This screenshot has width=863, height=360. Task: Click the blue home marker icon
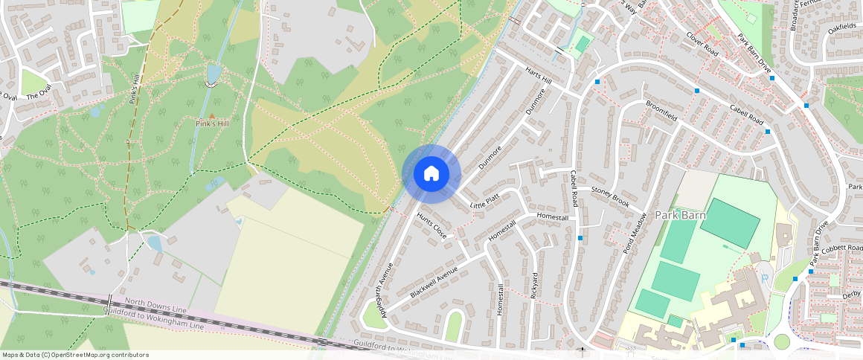point(431,173)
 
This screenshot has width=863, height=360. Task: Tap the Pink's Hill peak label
point(211,123)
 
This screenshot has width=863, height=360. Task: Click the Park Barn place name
point(679,215)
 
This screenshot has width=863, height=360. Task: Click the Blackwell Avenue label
point(434,283)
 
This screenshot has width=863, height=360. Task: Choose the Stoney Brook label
point(610,196)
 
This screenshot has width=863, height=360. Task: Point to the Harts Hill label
point(539,76)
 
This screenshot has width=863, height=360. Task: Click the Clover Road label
point(702,44)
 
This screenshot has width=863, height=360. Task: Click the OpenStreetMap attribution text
point(74,355)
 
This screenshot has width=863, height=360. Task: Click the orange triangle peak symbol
point(211,116)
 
